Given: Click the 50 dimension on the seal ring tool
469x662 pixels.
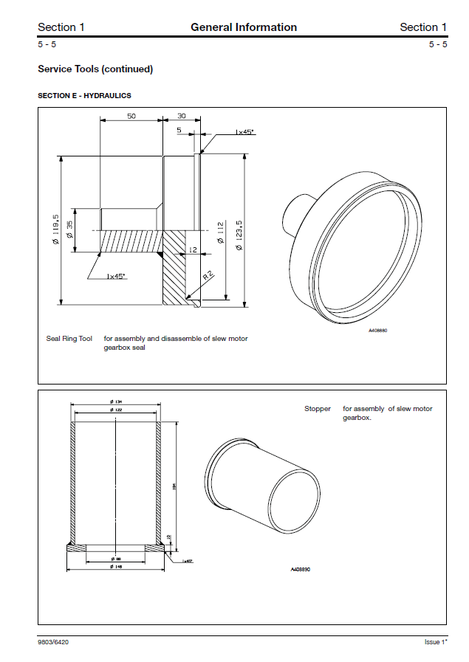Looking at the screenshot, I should click(x=131, y=117).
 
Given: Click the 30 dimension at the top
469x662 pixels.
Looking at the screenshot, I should click(x=181, y=117).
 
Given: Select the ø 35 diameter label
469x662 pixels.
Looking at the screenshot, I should click(x=69, y=230).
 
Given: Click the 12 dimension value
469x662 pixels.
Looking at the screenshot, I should click(x=193, y=250).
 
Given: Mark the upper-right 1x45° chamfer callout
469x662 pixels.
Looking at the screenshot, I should click(x=244, y=132).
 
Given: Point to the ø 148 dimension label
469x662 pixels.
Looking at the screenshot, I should click(x=115, y=566).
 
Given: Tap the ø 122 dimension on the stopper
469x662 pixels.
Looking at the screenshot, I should click(x=115, y=409).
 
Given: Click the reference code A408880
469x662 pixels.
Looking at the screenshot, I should click(x=377, y=330).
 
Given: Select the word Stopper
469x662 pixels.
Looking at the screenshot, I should click(x=318, y=409).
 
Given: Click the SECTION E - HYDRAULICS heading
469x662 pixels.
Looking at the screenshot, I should click(x=84, y=96).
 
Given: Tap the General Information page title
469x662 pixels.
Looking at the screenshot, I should click(x=244, y=27).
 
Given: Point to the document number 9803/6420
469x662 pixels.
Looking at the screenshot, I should click(x=54, y=641).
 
